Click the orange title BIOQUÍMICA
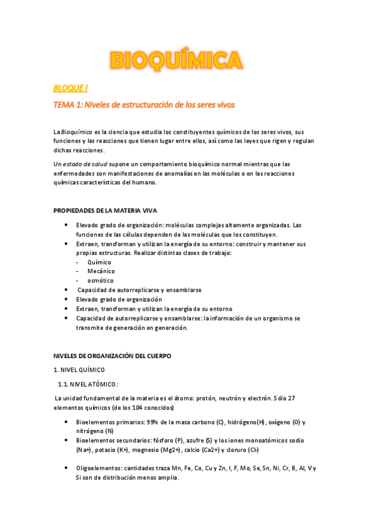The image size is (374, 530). coord(177,60)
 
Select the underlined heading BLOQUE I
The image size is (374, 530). coord(70,89)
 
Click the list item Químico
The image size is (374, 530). coord(100,262)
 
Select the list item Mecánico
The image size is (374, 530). coord(101,271)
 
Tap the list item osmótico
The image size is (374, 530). coord(101,281)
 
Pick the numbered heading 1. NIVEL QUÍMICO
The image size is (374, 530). coord(79,370)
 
